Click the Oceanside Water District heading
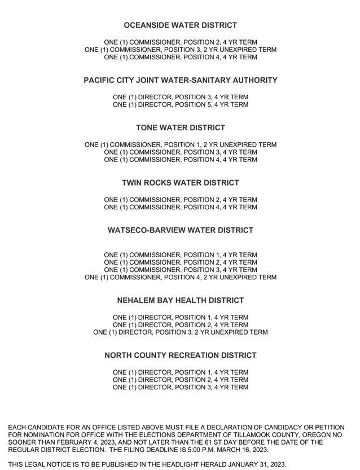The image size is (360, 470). [180, 25]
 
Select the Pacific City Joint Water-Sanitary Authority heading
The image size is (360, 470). [180, 80]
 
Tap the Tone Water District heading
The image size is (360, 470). [180, 128]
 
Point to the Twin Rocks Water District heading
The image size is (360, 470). [180, 183]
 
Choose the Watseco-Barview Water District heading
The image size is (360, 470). [180, 230]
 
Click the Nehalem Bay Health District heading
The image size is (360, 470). [180, 301]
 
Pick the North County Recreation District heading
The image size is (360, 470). [180, 355]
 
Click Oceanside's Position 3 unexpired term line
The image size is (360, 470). [180, 50]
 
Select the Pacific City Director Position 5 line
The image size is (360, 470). [180, 104]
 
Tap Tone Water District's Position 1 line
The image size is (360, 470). [180, 144]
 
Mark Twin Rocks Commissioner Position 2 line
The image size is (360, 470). [180, 200]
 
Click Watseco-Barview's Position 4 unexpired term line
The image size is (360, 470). [180, 277]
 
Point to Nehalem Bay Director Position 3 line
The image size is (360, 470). [180, 332]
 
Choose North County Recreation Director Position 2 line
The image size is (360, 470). [180, 380]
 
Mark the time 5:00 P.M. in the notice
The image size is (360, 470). [198, 450]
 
